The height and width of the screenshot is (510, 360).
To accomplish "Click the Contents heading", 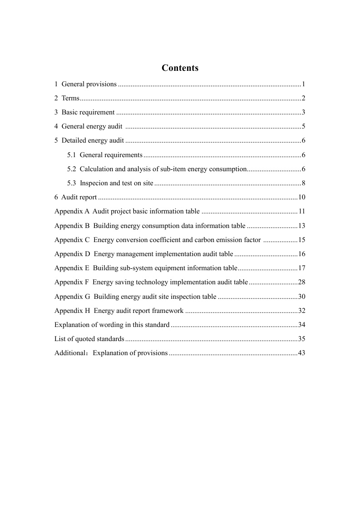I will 180,68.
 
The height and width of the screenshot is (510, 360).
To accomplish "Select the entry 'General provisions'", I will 89,84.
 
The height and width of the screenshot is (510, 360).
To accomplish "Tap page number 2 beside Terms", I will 303,99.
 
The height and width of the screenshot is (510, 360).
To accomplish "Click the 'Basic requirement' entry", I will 88,113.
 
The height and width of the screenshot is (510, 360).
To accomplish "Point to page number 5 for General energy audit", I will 303,127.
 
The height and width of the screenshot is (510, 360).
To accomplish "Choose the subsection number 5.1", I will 72,155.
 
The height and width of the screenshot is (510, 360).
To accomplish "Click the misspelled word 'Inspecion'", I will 94,183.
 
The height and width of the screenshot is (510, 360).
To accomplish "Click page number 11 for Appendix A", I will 301,212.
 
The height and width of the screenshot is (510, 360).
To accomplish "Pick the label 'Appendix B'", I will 72,226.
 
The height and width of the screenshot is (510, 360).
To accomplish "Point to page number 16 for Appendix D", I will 301,254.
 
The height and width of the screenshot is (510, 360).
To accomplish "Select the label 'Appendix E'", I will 72,268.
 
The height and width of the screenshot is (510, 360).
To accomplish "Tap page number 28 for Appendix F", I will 301,282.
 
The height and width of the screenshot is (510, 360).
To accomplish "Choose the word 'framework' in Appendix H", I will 168,311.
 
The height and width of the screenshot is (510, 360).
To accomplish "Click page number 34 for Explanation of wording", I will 301,325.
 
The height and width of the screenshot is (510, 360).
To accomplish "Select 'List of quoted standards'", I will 89,339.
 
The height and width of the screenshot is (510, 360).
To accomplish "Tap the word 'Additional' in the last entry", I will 70,353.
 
